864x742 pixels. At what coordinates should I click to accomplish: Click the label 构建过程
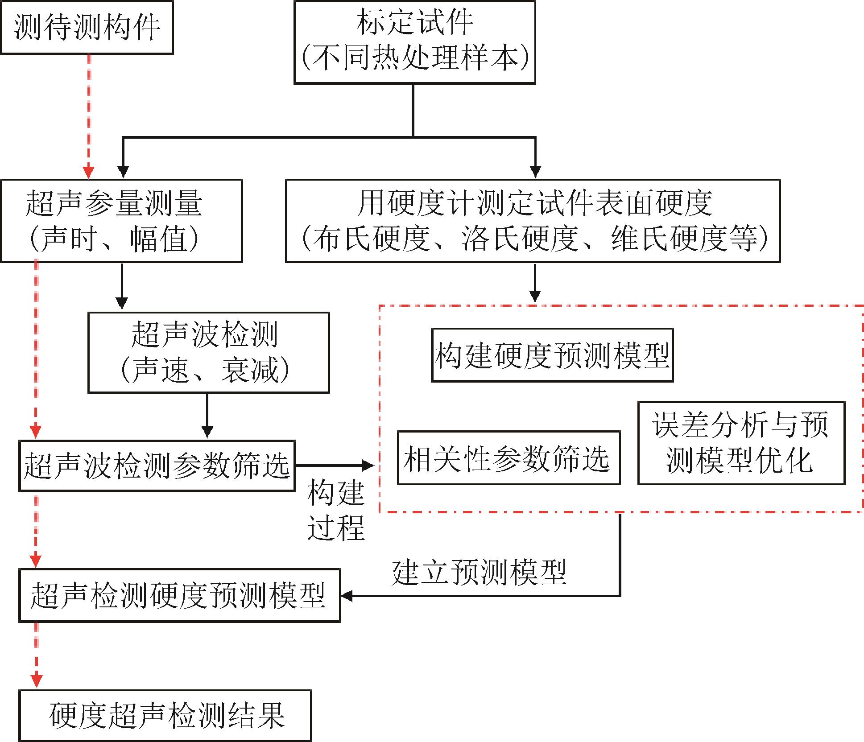point(336,510)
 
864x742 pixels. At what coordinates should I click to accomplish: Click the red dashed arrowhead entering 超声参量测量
point(89,172)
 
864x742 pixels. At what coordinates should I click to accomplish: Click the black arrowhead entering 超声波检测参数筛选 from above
point(207,432)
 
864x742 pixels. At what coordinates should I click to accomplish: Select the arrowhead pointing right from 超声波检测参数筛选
point(368,466)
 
